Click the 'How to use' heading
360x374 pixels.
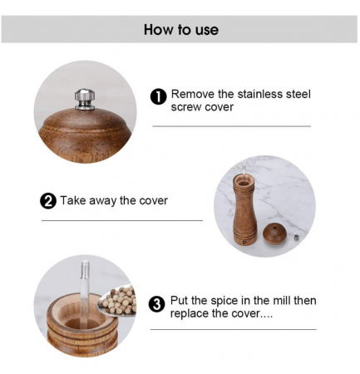[181, 30]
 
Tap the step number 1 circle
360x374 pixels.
[158, 97]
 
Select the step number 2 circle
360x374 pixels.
[48, 201]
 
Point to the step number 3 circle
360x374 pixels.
[156, 304]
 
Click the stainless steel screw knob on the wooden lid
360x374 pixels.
[85, 99]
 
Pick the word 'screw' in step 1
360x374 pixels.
[185, 107]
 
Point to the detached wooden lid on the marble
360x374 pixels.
[274, 234]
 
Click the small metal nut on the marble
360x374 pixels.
[297, 238]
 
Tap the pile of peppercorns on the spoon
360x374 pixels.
[120, 301]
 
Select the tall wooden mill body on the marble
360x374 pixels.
[244, 210]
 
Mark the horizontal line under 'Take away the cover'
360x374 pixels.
[122, 221]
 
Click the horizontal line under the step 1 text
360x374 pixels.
[232, 126]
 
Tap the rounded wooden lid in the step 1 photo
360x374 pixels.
[85, 135]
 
